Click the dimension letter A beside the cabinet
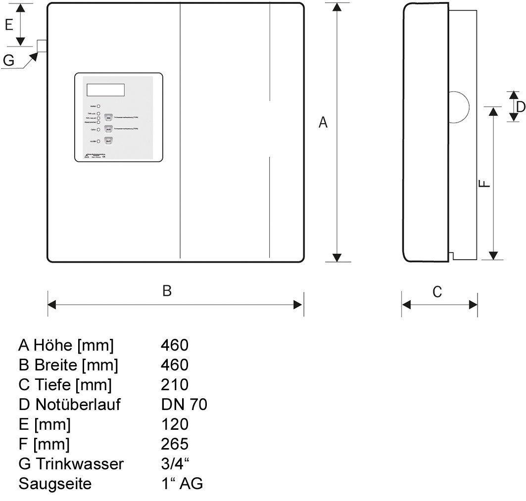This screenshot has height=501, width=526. click(323, 122)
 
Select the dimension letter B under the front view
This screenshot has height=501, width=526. click(167, 291)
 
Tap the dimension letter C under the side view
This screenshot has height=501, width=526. click(437, 292)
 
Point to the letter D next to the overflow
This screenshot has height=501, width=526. click(520, 106)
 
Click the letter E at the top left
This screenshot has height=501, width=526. click(9, 25)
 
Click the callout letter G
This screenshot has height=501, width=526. click(8, 60)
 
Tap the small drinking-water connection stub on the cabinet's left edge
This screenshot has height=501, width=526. click(42, 46)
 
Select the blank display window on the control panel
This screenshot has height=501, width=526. click(105, 90)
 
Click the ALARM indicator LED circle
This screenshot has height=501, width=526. click(98, 141)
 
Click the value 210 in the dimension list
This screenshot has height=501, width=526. click(175, 384)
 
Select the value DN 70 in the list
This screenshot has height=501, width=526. click(184, 405)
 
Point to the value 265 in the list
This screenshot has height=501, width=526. click(175, 444)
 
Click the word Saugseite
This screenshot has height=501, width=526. click(55, 484)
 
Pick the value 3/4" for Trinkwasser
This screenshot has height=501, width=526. click(176, 464)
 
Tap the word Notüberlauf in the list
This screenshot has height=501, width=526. click(78, 405)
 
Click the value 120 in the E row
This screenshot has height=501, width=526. click(175, 424)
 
